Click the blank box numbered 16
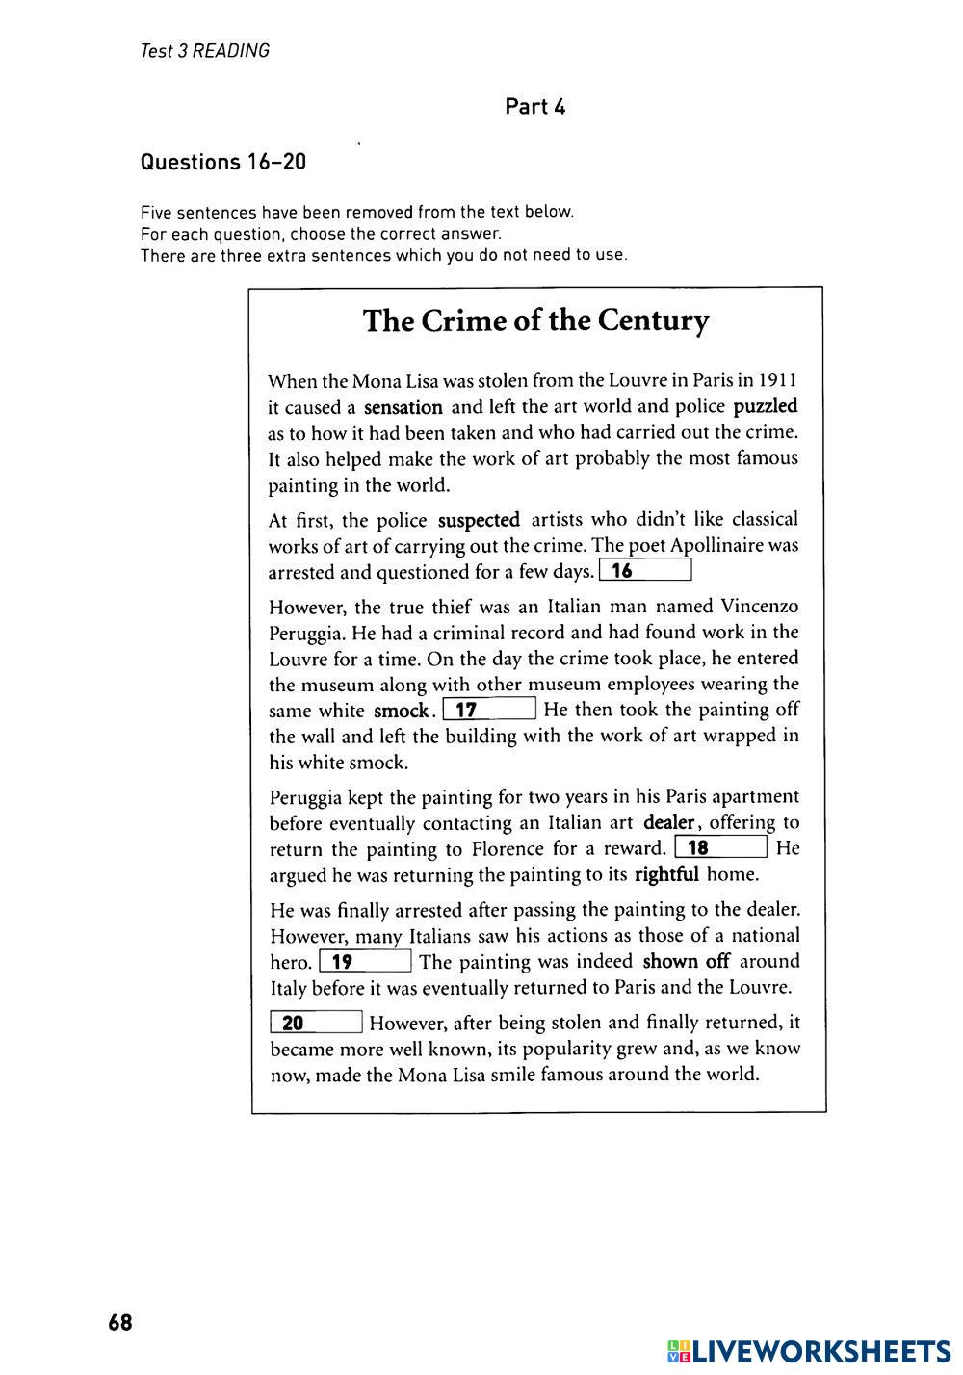click(x=645, y=571)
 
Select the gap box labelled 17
click(x=489, y=711)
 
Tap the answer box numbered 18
click(x=721, y=848)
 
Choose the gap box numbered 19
click(x=366, y=961)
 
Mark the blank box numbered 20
click(x=317, y=1023)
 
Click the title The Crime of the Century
click(x=536, y=321)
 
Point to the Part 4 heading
click(x=535, y=107)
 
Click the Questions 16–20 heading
click(x=223, y=162)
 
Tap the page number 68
click(x=120, y=1323)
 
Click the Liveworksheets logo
click(x=809, y=1351)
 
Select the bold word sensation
click(x=403, y=407)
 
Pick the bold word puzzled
click(x=766, y=406)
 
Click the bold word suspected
click(x=479, y=521)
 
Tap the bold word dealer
click(x=669, y=822)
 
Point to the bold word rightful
click(x=666, y=875)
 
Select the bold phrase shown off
click(x=686, y=961)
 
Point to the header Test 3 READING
click(x=205, y=51)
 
